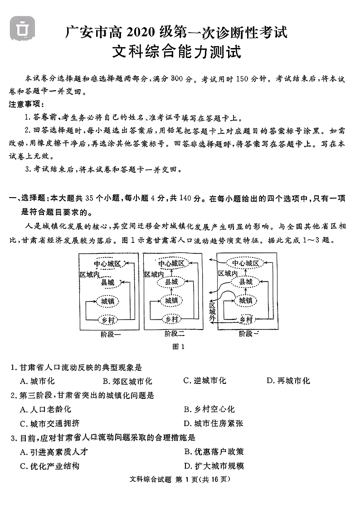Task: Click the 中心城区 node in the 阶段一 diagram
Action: [108, 264]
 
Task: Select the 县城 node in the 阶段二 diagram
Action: [172, 282]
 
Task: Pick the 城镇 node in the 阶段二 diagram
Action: [171, 301]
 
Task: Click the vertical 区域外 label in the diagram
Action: [212, 312]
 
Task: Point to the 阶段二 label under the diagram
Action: [175, 334]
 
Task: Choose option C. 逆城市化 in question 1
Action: [205, 381]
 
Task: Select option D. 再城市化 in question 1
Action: [288, 381]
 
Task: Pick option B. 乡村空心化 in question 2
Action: [209, 409]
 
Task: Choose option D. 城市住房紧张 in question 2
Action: [214, 423]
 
